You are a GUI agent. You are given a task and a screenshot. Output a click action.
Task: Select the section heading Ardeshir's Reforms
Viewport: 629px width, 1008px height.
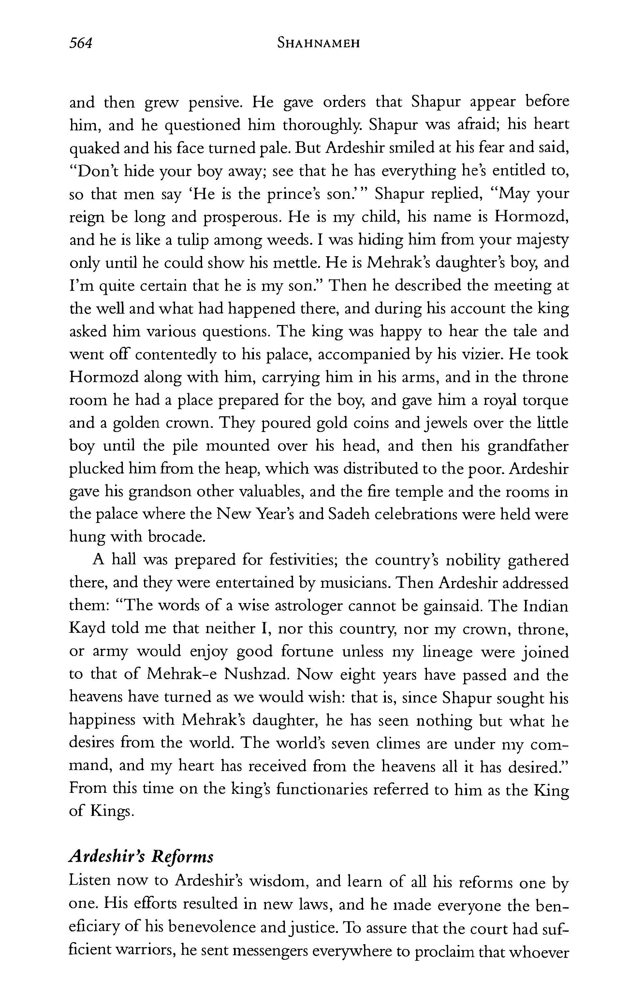141,857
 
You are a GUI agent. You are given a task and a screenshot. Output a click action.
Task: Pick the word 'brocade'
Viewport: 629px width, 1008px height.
176,538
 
